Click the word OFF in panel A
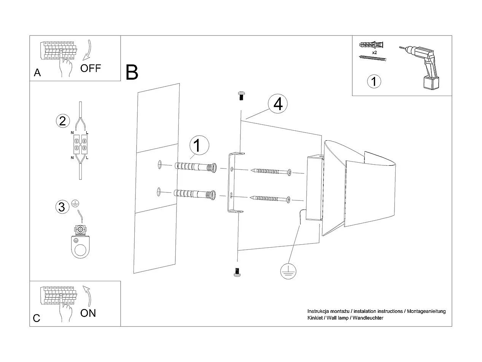coord(91,68)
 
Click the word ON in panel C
coord(88,313)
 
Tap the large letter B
coord(132,72)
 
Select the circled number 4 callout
coord(278,104)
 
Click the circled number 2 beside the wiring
coord(62,121)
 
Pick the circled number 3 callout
coord(62,207)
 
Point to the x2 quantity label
coord(374,52)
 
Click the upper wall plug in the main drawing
coord(195,167)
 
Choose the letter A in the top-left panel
coord(37,73)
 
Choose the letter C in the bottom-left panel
coord(37,318)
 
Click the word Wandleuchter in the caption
coord(368,318)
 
